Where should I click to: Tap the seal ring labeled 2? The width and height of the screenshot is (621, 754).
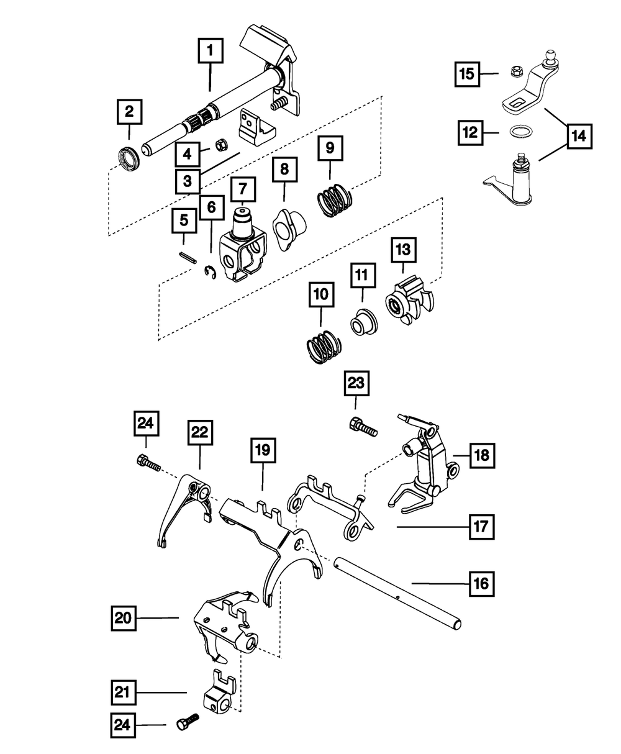click(x=128, y=158)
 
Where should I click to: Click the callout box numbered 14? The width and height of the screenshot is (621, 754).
click(x=578, y=135)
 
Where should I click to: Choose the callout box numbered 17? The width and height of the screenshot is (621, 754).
click(x=481, y=527)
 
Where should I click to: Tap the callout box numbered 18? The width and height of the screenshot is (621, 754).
click(x=482, y=455)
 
